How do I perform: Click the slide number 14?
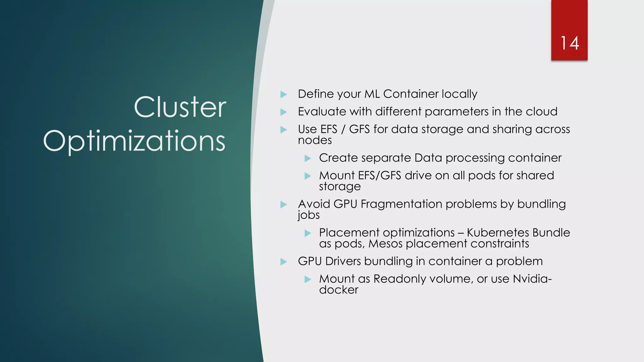(x=569, y=43)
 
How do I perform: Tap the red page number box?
(x=569, y=19)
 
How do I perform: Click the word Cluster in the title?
(x=180, y=107)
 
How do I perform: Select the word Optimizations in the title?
(x=134, y=141)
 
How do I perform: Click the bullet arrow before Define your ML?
(x=284, y=94)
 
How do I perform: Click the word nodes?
(x=315, y=140)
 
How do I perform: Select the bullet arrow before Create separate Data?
(x=308, y=158)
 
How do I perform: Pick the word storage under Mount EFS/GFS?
(x=340, y=187)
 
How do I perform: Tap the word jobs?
(x=309, y=215)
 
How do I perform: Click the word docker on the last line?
(x=338, y=290)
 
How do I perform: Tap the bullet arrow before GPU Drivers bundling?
(x=284, y=261)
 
